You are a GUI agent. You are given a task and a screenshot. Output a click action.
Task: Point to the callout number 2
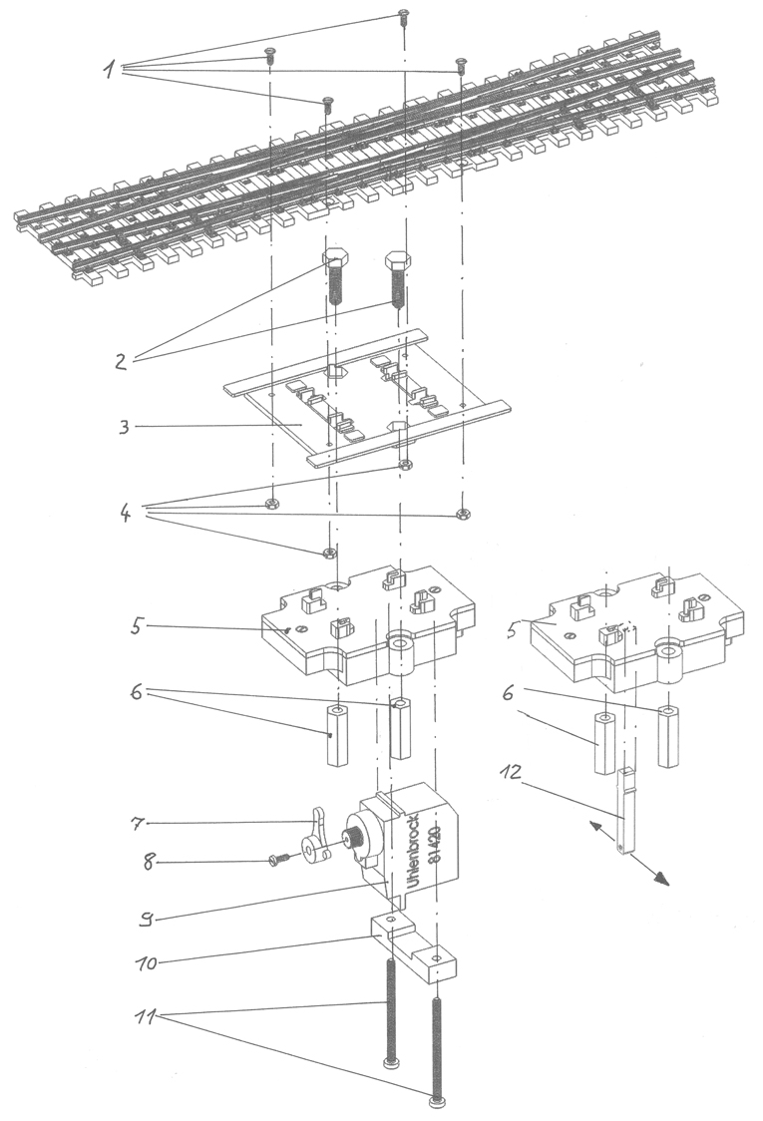(x=121, y=361)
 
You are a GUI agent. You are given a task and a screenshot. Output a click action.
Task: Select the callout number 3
(x=123, y=426)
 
